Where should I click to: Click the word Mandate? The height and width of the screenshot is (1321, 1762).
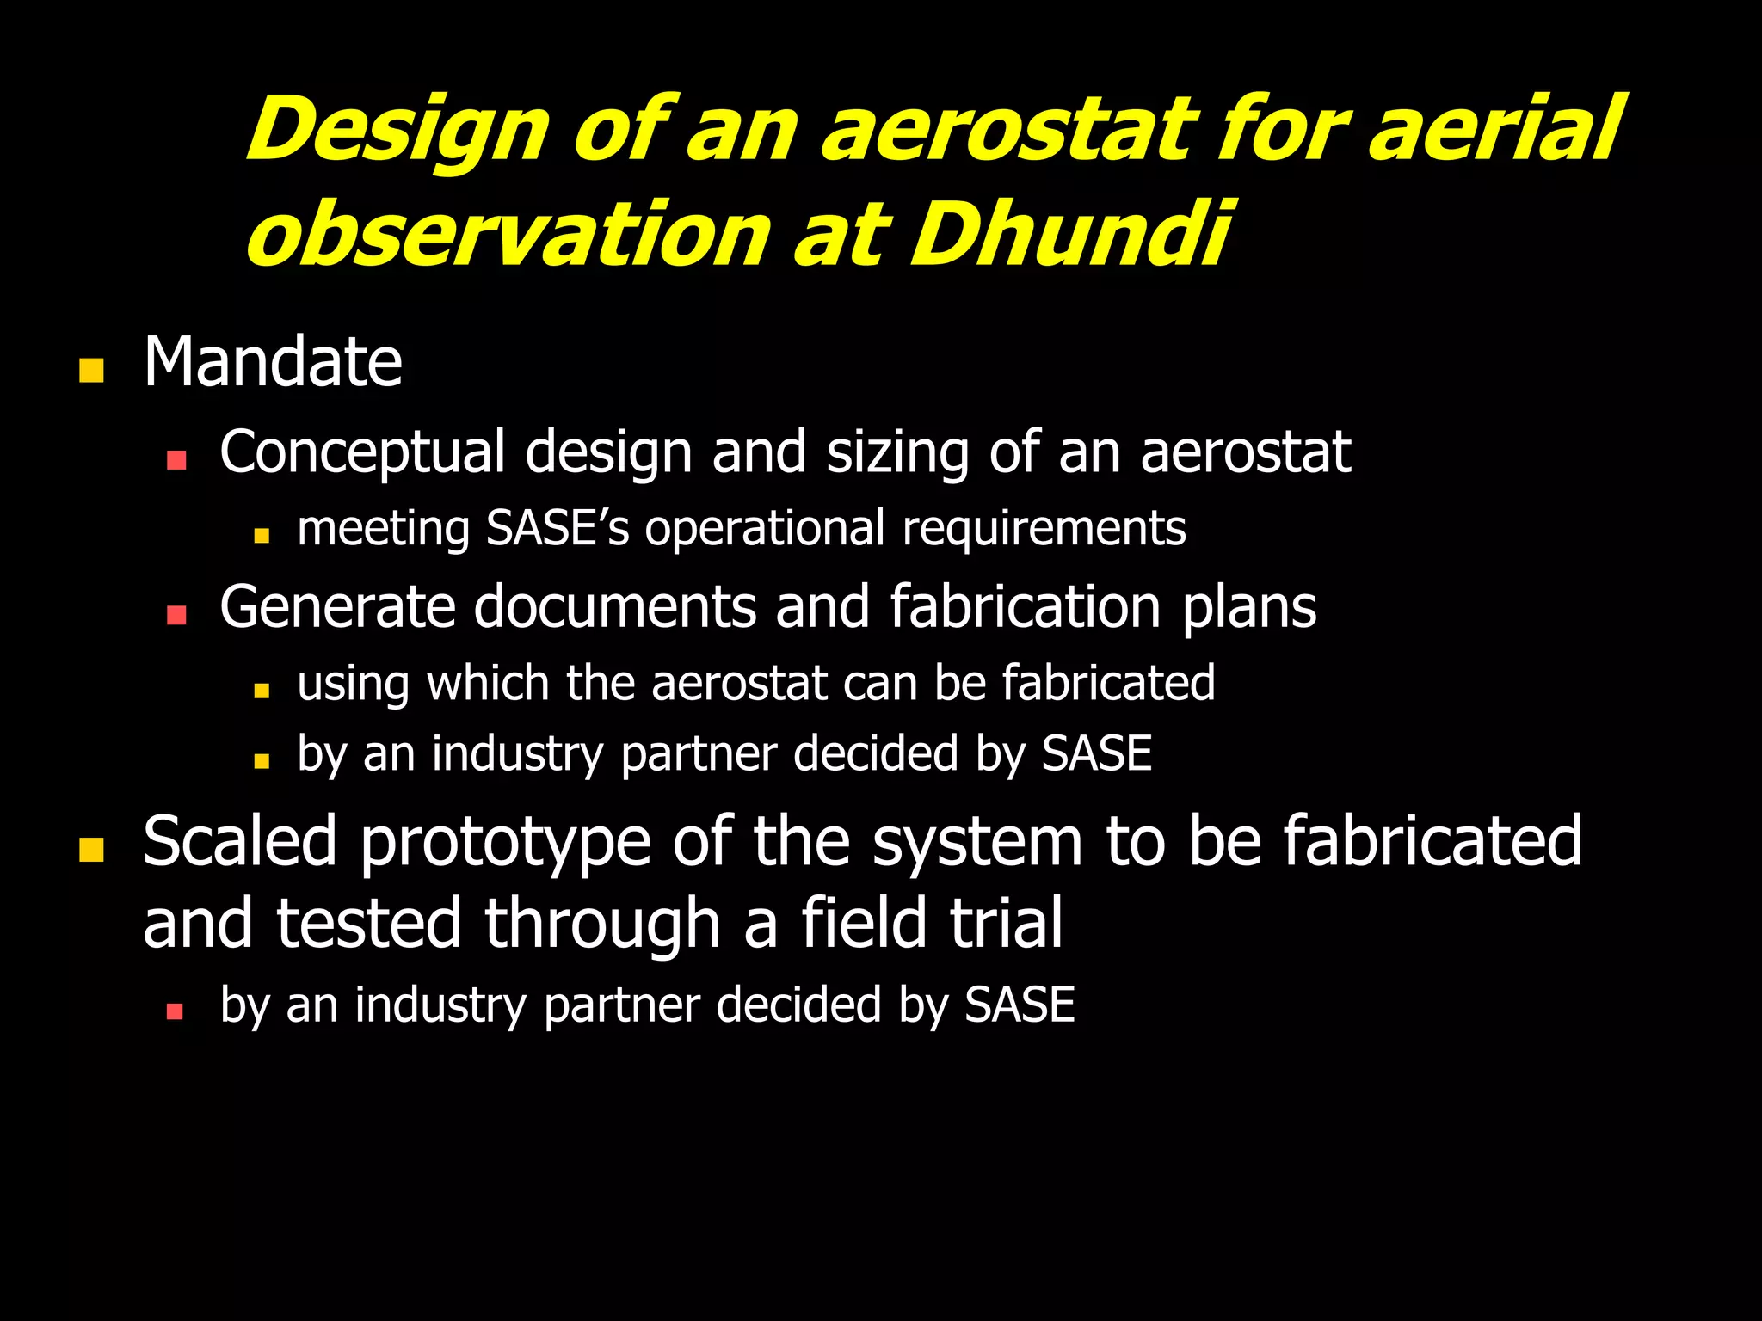(273, 363)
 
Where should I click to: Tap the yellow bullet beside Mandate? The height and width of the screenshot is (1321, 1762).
(91, 371)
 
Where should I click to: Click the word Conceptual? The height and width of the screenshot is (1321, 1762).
(362, 453)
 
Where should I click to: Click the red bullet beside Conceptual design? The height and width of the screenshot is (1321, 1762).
(176, 460)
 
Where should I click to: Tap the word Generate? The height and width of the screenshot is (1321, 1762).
(337, 607)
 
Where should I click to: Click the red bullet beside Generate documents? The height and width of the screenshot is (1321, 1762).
(176, 615)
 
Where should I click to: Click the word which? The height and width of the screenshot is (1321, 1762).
(488, 684)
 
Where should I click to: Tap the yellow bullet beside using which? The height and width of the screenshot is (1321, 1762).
(262, 691)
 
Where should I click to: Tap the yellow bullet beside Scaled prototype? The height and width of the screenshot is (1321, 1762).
(91, 850)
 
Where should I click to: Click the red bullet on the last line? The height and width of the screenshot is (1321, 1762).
(175, 1011)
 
